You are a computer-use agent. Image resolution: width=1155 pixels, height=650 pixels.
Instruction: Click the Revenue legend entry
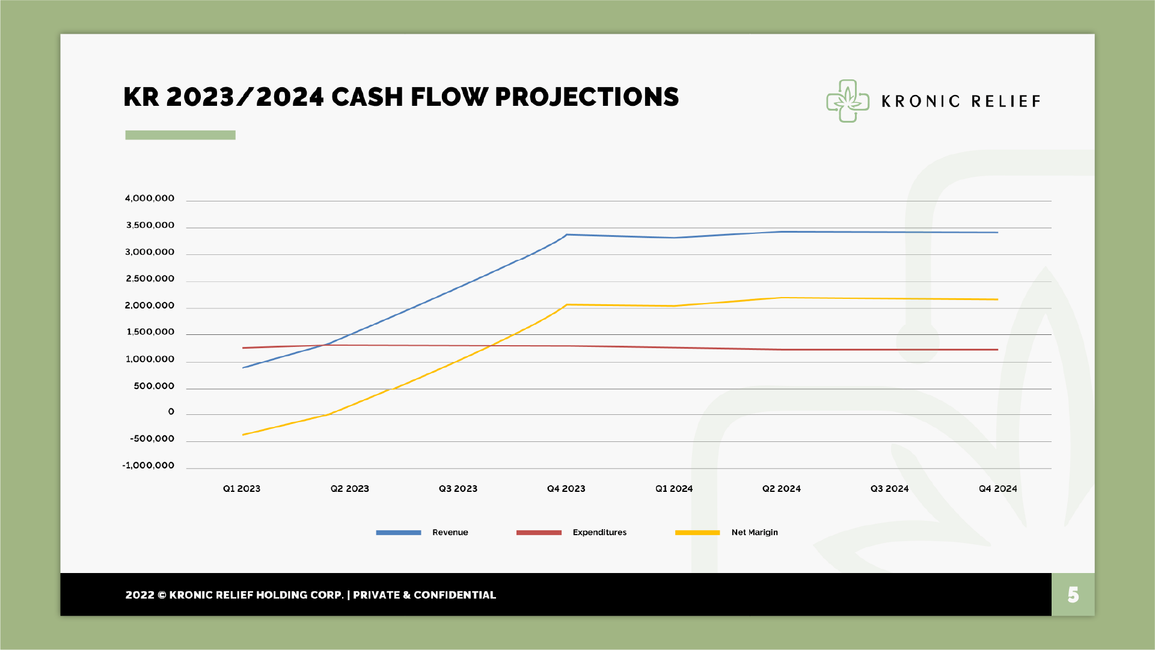tap(450, 532)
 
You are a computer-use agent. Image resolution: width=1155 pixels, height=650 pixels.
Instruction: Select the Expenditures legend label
tap(599, 532)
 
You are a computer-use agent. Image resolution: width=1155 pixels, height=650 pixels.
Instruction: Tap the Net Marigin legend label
tap(755, 532)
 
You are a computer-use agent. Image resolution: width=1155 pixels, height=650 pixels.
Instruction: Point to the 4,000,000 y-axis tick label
tap(150, 198)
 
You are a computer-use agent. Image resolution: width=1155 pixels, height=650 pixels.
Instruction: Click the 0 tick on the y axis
tap(171, 412)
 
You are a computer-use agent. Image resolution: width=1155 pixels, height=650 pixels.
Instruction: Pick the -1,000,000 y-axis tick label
tap(149, 465)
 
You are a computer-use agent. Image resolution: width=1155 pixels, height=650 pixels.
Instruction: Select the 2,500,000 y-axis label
tap(150, 278)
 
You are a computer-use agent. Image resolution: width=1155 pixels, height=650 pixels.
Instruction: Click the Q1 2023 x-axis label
tap(242, 489)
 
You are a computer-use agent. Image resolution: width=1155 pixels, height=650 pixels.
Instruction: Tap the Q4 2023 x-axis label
tap(566, 489)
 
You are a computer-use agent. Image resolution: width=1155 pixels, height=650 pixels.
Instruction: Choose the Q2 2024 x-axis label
tap(782, 489)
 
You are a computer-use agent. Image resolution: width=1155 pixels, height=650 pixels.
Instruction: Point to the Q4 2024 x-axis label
tap(998, 489)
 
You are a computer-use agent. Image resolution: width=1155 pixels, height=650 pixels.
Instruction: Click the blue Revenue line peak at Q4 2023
tap(566, 235)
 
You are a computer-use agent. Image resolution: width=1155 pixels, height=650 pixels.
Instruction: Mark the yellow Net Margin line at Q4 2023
tap(566, 305)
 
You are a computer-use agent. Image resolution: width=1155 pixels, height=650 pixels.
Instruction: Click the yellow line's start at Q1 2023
tap(243, 435)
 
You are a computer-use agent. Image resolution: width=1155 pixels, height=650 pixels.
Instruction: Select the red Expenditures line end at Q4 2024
tap(997, 349)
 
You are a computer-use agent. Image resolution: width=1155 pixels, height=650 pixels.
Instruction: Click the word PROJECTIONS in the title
tap(587, 97)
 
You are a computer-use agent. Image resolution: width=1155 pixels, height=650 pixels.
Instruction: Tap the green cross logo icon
tap(848, 101)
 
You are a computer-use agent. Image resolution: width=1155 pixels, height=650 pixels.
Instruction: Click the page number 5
tap(1073, 595)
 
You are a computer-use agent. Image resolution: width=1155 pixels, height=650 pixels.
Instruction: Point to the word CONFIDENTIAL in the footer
tap(455, 595)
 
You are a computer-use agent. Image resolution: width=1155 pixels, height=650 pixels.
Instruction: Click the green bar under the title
tap(180, 135)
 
